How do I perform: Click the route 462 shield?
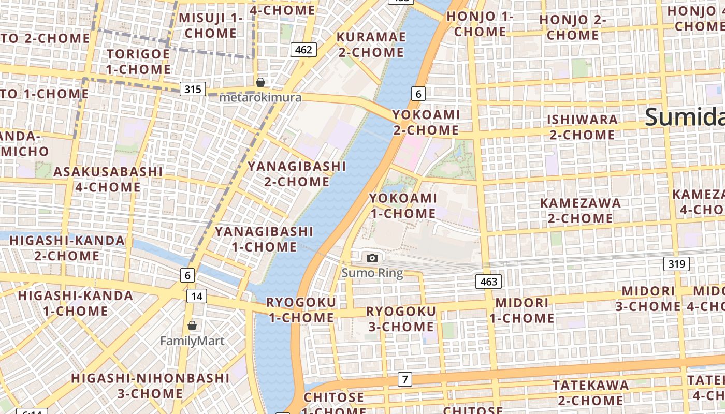tap(303, 50)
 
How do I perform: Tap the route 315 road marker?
tap(193, 89)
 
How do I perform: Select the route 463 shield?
tap(488, 282)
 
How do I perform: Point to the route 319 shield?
tap(676, 264)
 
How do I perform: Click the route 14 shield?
tap(196, 296)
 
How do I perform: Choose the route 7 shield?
tap(405, 379)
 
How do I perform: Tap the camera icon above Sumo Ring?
tap(372, 258)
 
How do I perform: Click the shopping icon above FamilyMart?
tap(192, 326)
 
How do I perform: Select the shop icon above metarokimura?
tap(260, 82)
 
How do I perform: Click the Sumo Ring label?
tap(372, 273)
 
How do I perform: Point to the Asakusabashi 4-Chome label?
tap(108, 179)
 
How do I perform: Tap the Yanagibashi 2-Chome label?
tap(297, 174)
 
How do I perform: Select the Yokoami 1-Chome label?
tap(403, 205)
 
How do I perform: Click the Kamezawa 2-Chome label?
tap(580, 211)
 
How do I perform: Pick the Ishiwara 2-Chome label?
tap(582, 127)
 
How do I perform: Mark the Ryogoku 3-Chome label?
tap(401, 319)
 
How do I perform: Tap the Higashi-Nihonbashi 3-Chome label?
tap(150, 386)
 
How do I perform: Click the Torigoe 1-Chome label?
tap(138, 62)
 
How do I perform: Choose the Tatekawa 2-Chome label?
tap(590, 393)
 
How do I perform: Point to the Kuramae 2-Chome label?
tap(371, 45)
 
